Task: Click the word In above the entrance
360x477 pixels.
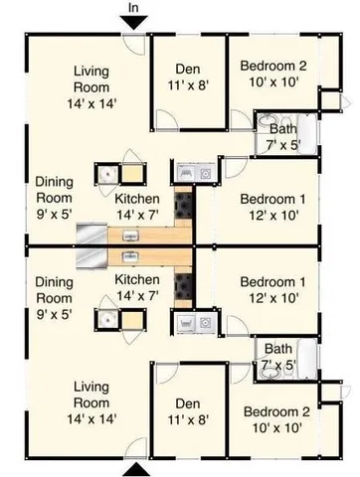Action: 135,8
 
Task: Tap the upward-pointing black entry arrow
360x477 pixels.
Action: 135,468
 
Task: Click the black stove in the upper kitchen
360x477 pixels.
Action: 185,207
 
